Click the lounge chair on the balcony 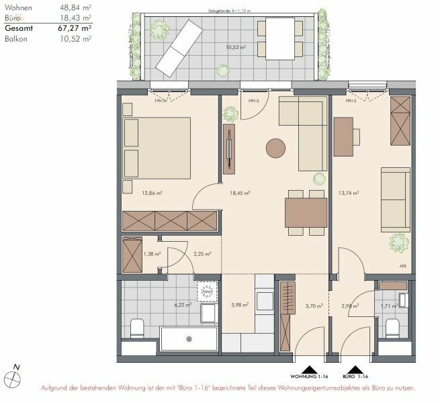click(x=176, y=47)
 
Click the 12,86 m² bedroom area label click(x=152, y=193)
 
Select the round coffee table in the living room click(x=275, y=147)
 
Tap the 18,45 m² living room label click(x=240, y=193)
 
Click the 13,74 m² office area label click(x=347, y=193)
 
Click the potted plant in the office click(x=398, y=241)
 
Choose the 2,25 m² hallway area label click(x=202, y=254)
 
